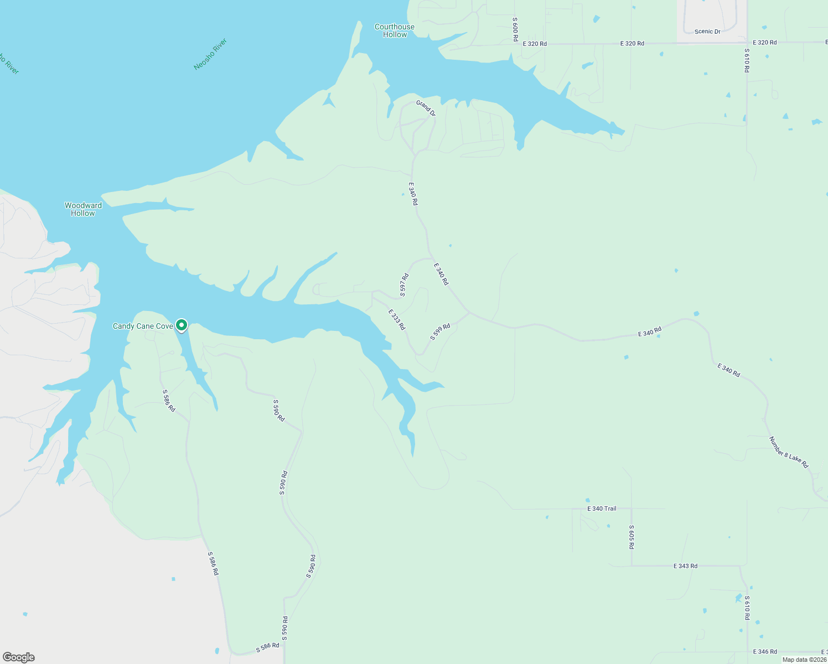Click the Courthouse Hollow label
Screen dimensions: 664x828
[x=394, y=30]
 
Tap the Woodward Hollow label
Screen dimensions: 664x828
[x=83, y=209]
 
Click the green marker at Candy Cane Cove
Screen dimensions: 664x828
[x=182, y=325]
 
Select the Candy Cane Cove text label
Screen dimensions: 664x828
[x=143, y=326]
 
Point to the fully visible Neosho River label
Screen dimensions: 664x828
[x=210, y=54]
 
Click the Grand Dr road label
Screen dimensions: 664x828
[x=426, y=108]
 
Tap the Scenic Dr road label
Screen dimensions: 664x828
[x=707, y=32]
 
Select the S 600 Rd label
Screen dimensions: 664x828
[x=515, y=29]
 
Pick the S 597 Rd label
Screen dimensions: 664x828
[x=405, y=285]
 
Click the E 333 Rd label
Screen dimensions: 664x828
[x=397, y=320]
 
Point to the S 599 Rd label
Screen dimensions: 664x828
[x=440, y=332]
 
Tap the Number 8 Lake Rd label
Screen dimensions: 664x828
[x=789, y=453]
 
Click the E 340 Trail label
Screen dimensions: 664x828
[x=602, y=509]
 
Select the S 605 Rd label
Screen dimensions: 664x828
[x=632, y=537]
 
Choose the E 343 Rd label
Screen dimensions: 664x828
[x=685, y=566]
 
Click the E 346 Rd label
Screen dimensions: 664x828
[x=765, y=652]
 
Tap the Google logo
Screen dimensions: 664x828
[x=19, y=657]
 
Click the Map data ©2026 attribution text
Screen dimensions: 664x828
[x=804, y=660]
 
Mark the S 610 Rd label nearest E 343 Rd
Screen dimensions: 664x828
[x=747, y=608]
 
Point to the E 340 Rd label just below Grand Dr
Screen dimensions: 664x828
[x=413, y=194]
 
